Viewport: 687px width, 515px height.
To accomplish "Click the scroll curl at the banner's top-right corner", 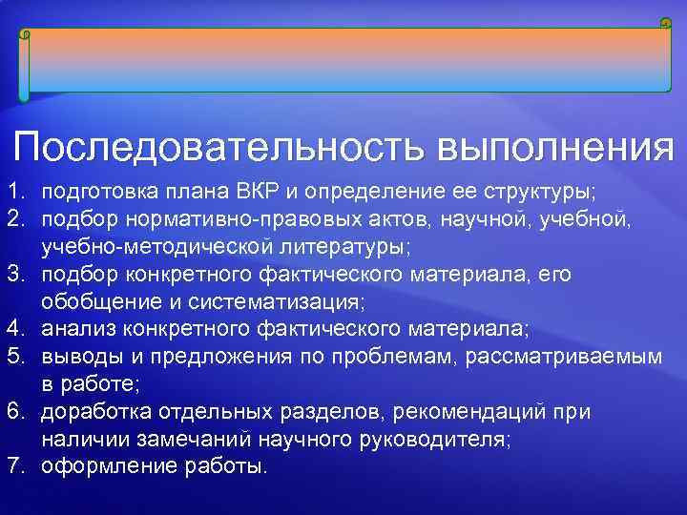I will [663, 24].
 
